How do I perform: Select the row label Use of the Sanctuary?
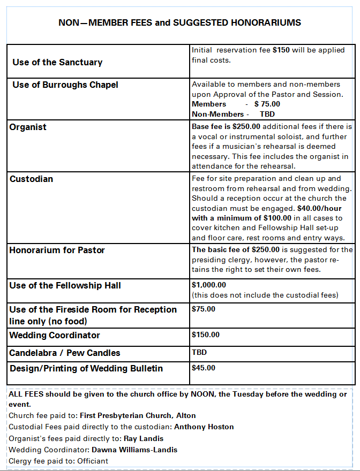pyautogui.click(x=57, y=63)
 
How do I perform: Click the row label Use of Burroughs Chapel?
pyautogui.click(x=65, y=85)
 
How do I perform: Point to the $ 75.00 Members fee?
pyautogui.click(x=267, y=104)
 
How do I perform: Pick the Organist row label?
pyautogui.click(x=28, y=127)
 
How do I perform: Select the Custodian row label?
pyautogui.click(x=31, y=179)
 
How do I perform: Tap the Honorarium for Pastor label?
pyautogui.click(x=57, y=250)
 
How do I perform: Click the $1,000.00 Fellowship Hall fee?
pyautogui.click(x=209, y=285)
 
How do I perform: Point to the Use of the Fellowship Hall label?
pyautogui.click(x=65, y=286)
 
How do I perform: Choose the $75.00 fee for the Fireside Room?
pyautogui.click(x=204, y=309)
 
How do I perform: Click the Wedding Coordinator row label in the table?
pyautogui.click(x=55, y=336)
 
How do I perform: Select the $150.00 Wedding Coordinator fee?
pyautogui.click(x=206, y=335)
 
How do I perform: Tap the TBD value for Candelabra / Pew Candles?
pyautogui.click(x=199, y=353)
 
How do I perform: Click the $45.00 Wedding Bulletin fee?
pyautogui.click(x=204, y=368)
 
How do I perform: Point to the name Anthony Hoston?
pyautogui.click(x=204, y=427)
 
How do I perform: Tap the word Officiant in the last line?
pyautogui.click(x=93, y=461)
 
